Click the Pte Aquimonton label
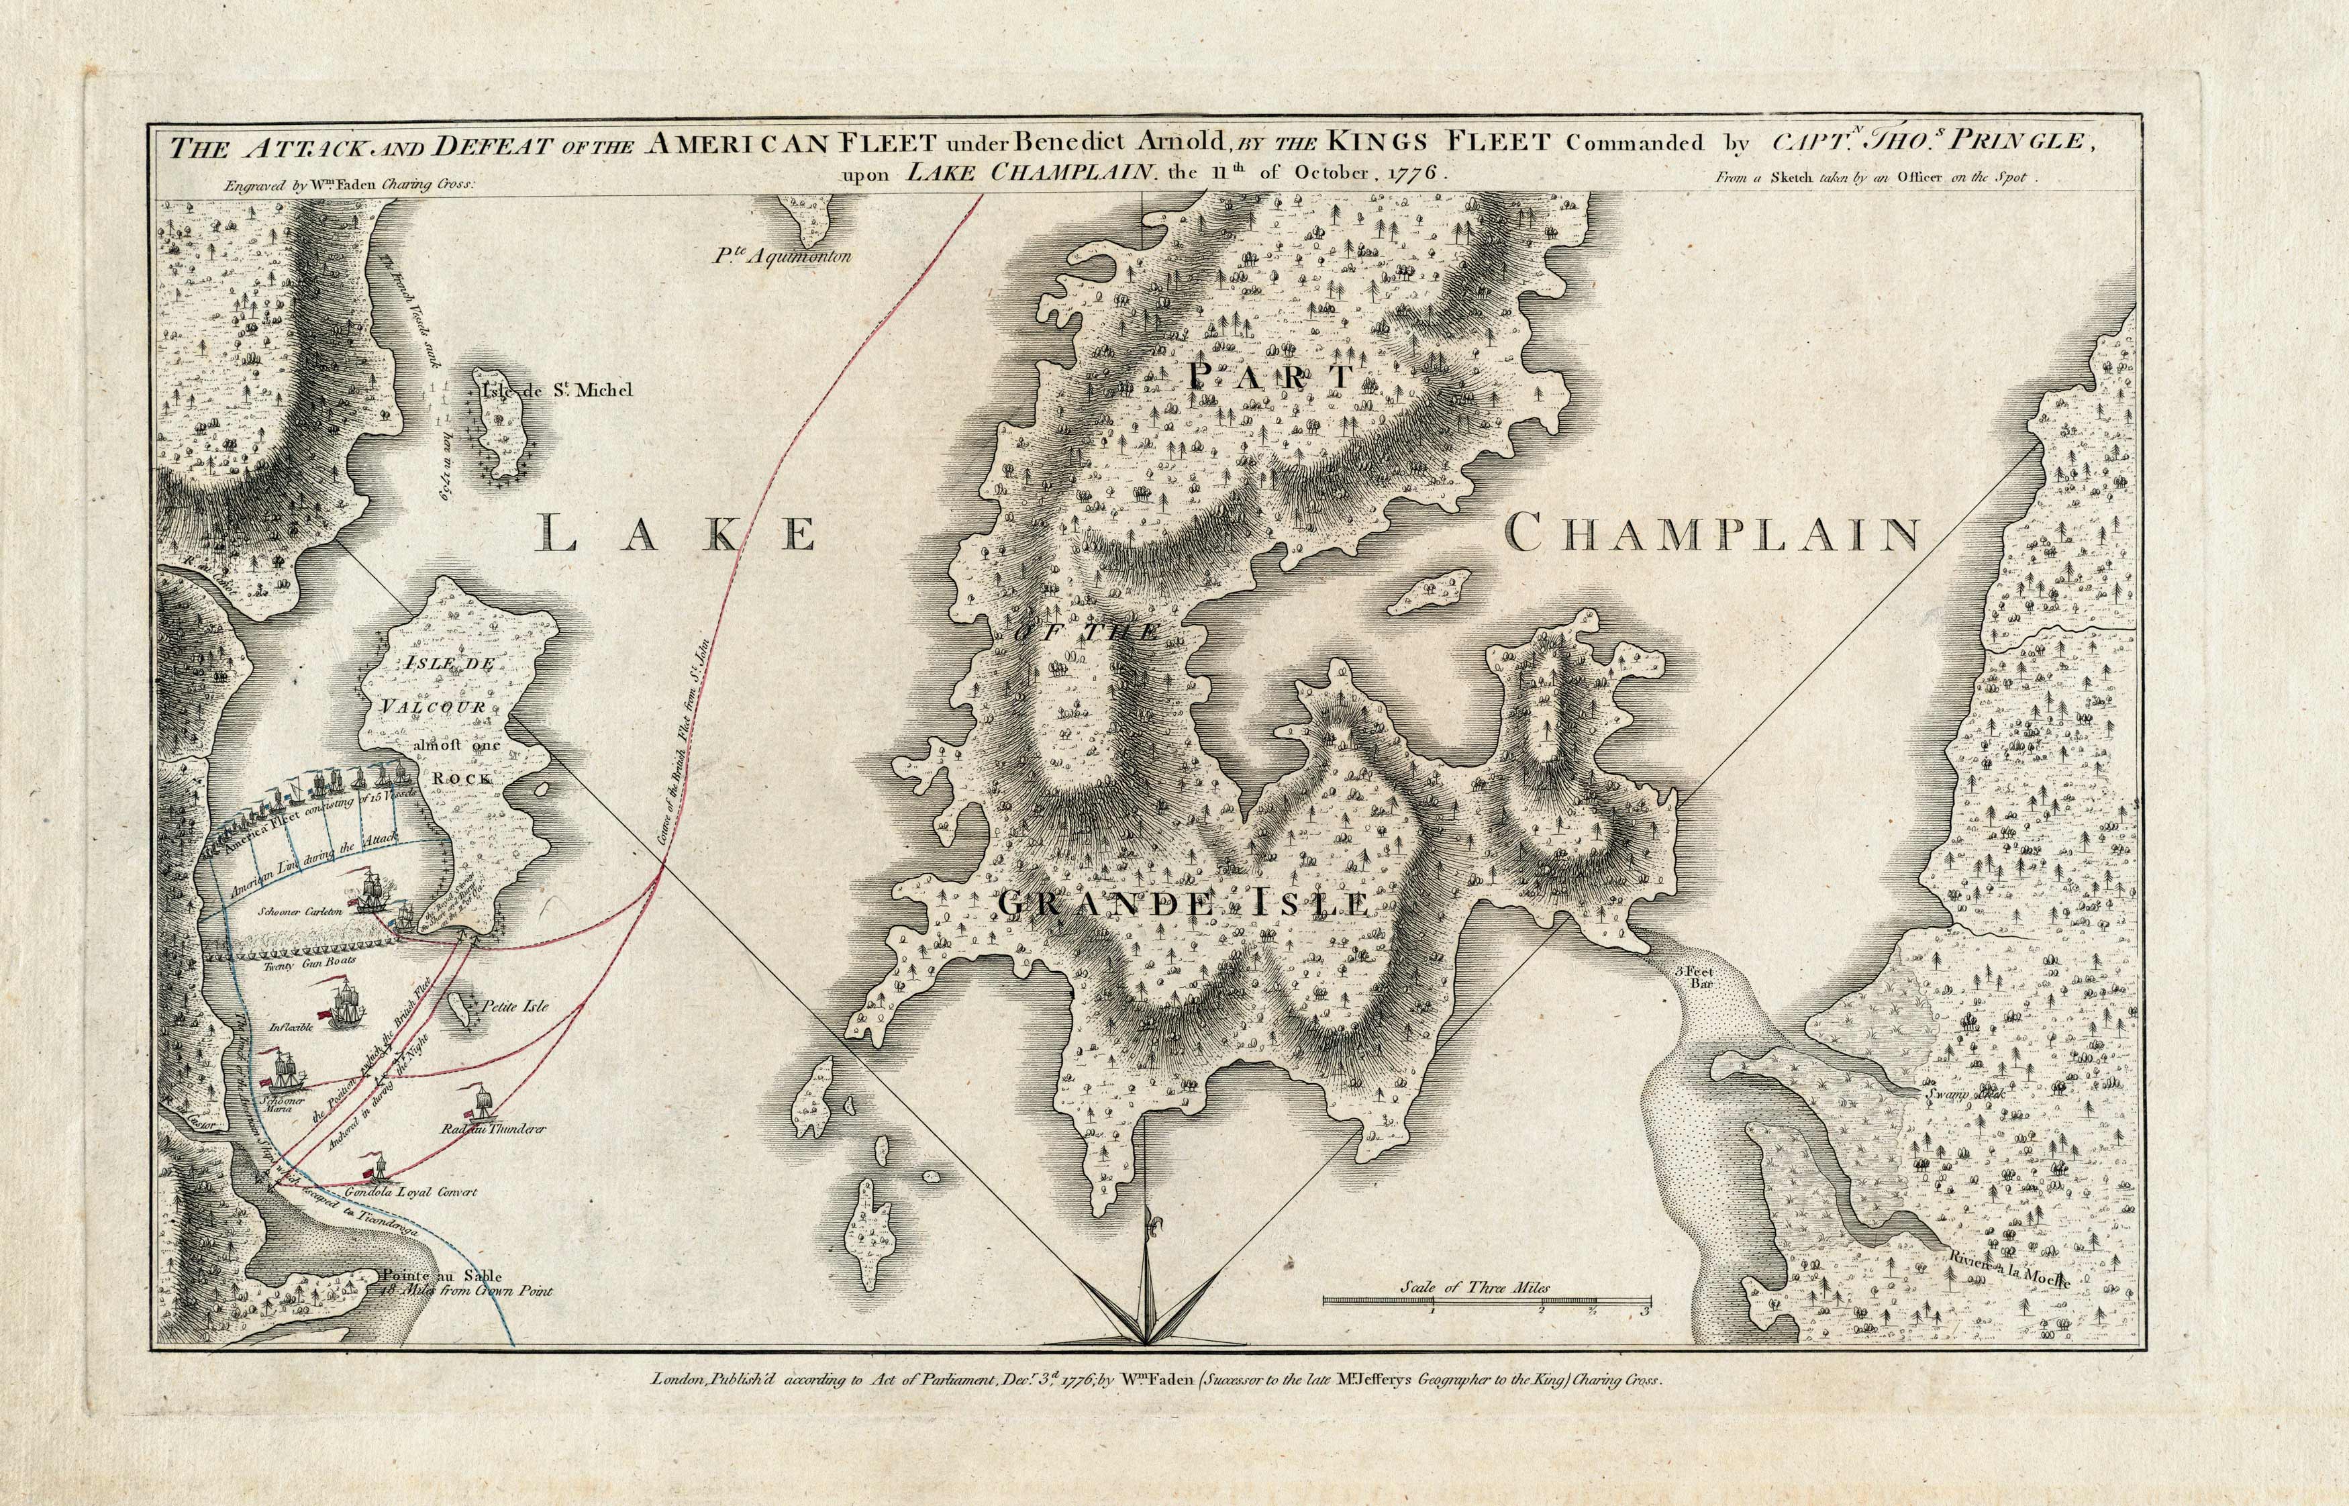tap(783, 257)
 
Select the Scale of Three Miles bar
tap(1487, 1301)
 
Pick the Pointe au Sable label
tap(442, 1275)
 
